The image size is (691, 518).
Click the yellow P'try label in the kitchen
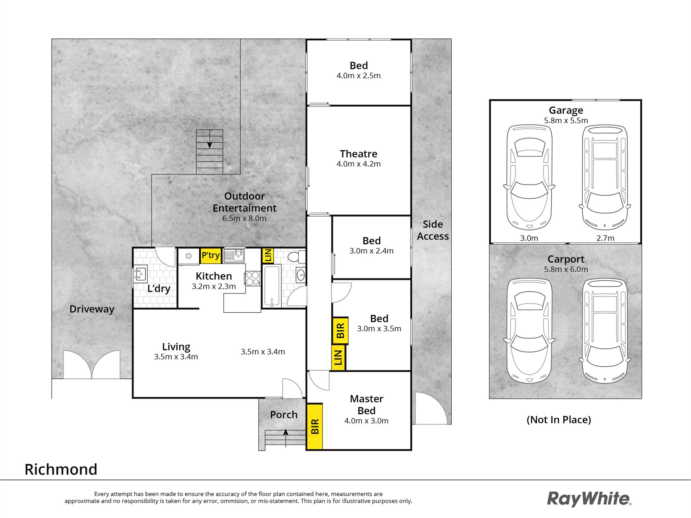(211, 255)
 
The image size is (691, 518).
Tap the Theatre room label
(358, 154)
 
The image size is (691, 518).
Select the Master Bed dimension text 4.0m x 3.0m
(366, 421)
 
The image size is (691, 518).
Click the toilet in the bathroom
(297, 257)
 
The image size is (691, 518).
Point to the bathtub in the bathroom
(272, 286)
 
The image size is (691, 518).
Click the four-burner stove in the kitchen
(253, 278)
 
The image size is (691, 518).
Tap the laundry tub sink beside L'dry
(140, 274)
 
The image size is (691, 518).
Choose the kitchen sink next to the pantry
(234, 255)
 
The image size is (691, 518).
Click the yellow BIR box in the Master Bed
(315, 426)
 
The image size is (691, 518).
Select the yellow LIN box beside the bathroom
(268, 255)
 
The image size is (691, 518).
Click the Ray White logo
(589, 499)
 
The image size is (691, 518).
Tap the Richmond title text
(61, 469)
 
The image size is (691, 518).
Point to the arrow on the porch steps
(286, 438)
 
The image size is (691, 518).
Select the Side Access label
(433, 230)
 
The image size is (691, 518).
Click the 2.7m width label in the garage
(605, 238)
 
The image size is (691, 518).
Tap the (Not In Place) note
(559, 420)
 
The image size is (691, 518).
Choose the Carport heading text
(566, 259)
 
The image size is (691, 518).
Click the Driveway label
(92, 309)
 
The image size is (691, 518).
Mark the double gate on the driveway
(91, 364)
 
